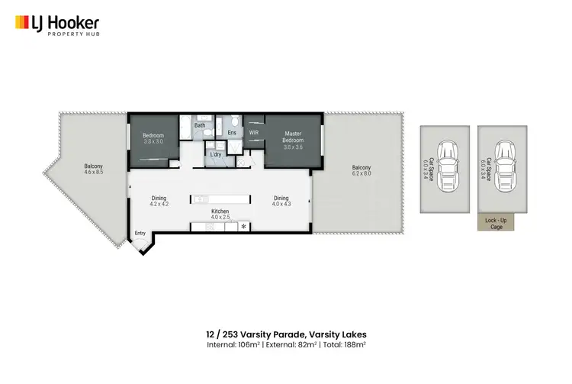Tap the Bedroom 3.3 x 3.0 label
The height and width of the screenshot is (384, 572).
[154, 139]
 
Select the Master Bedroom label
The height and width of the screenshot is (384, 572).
[294, 138]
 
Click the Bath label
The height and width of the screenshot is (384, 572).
[200, 125]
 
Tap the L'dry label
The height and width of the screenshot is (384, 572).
[216, 155]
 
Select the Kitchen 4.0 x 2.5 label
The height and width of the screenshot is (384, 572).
[220, 214]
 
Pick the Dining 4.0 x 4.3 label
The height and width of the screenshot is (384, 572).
[281, 201]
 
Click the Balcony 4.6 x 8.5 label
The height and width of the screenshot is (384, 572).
[93, 169]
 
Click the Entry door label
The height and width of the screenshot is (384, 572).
[140, 233]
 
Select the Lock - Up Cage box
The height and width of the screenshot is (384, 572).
[496, 222]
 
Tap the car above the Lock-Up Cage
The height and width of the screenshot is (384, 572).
[503, 166]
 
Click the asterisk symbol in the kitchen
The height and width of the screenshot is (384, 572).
[244, 227]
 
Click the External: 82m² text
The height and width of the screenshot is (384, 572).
[285, 344]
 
